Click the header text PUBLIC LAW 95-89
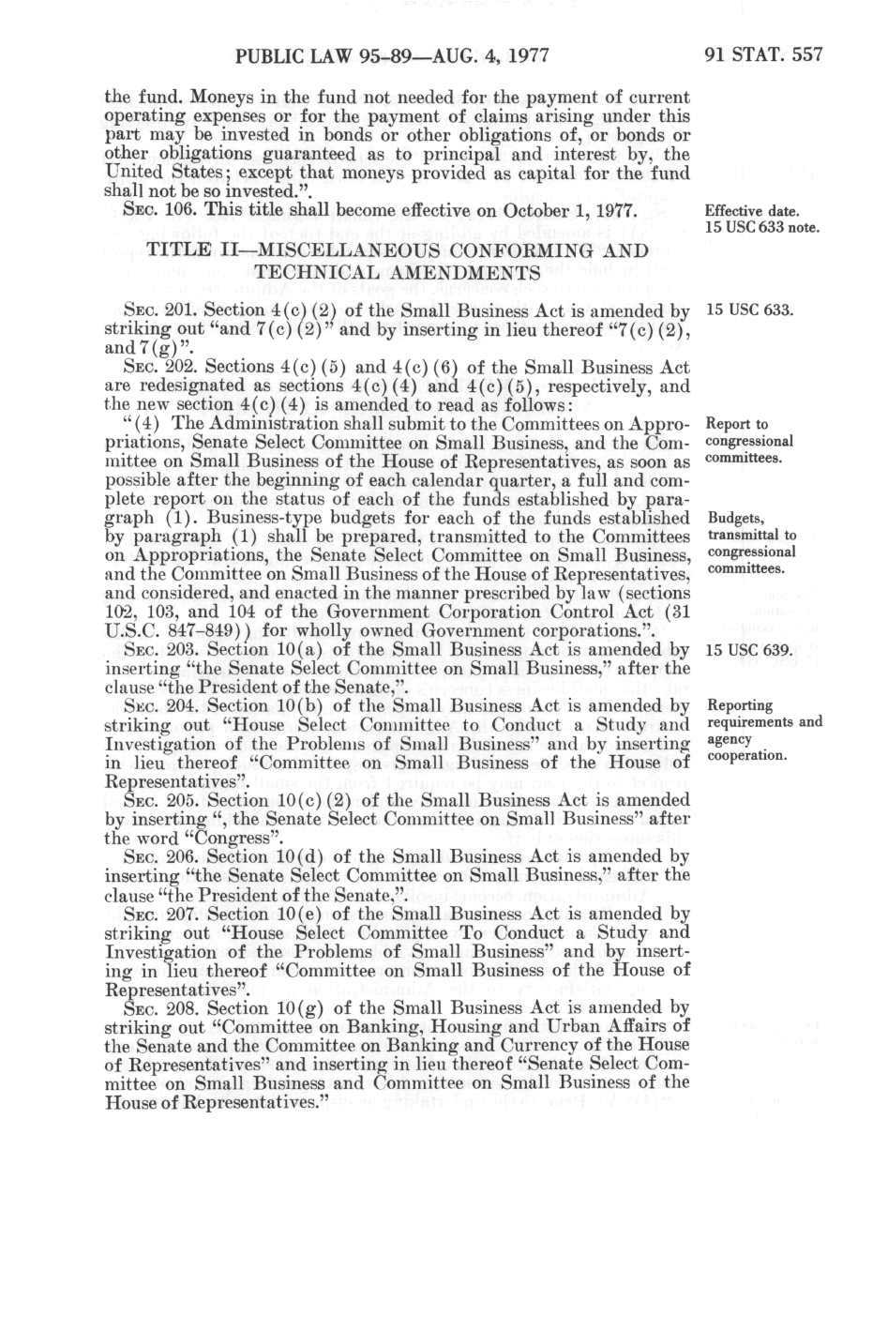click(308, 53)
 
